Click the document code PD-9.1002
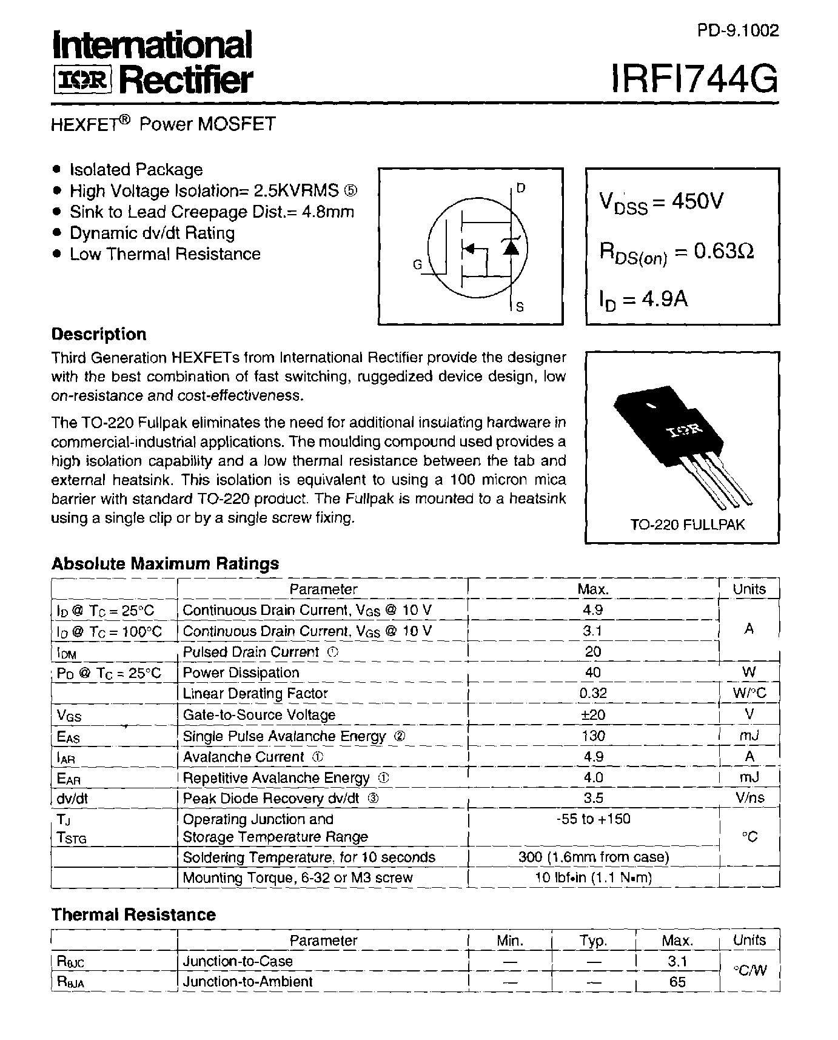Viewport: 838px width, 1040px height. coord(737,30)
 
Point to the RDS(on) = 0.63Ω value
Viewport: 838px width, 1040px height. coord(677,252)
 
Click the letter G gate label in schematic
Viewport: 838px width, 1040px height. coord(417,265)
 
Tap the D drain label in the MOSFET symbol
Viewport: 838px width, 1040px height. coord(521,189)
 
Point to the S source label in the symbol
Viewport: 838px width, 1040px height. coord(520,307)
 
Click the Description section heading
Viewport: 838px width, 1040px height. coord(99,334)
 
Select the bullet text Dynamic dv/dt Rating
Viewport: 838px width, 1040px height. coord(152,233)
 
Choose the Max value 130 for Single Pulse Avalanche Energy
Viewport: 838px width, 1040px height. coord(593,736)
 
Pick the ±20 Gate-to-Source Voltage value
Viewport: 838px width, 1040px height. coord(593,714)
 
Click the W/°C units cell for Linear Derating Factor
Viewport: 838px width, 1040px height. coord(749,693)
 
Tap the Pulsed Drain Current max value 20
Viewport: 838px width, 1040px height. coord(593,651)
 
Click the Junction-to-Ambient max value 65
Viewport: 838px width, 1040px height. coord(677,982)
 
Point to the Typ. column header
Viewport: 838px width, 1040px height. coord(593,941)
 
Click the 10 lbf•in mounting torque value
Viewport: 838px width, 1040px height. coord(593,877)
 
